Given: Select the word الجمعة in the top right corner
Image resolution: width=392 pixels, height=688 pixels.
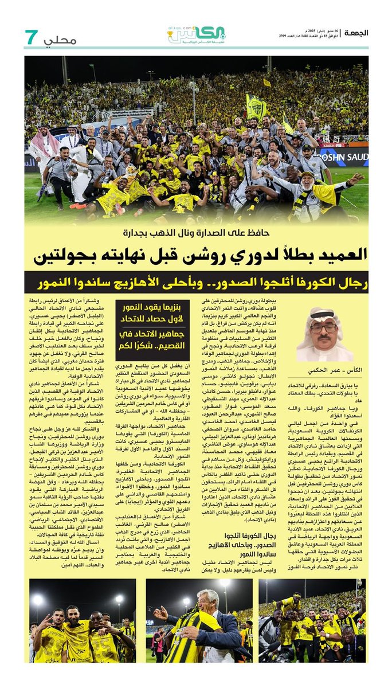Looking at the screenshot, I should [x=355, y=33].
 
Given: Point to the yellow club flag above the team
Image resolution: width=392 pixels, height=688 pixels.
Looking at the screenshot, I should [x=256, y=106].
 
